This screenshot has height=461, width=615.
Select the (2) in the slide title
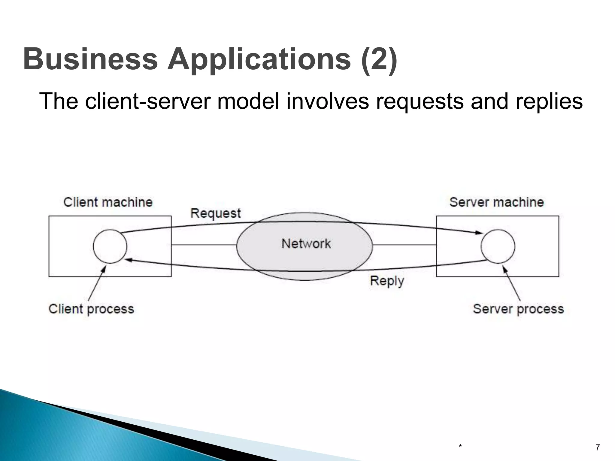click(379, 59)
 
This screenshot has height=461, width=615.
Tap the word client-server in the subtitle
click(147, 101)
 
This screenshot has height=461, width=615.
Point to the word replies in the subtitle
click(549, 101)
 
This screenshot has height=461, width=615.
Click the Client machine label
click(108, 202)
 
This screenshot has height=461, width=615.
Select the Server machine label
click(497, 202)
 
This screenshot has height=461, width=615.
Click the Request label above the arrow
click(216, 213)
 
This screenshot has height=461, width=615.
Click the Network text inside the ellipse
click(306, 244)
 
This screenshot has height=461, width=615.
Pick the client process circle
click(110, 246)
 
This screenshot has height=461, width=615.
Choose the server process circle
click(498, 246)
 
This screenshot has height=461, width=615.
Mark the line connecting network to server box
click(404, 245)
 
